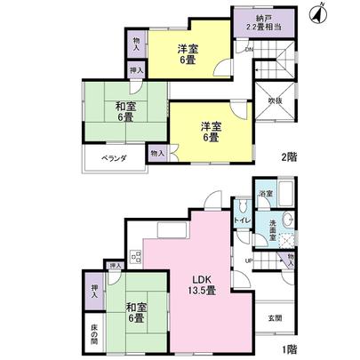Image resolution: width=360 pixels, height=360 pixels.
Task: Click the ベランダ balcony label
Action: [112, 158]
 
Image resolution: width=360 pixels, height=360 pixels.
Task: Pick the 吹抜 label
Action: [276, 100]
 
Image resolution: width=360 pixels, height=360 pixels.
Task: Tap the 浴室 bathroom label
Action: [266, 193]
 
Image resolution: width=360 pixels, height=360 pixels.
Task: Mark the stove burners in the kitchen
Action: [137, 259]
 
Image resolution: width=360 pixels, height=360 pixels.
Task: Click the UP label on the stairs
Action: [249, 260]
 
